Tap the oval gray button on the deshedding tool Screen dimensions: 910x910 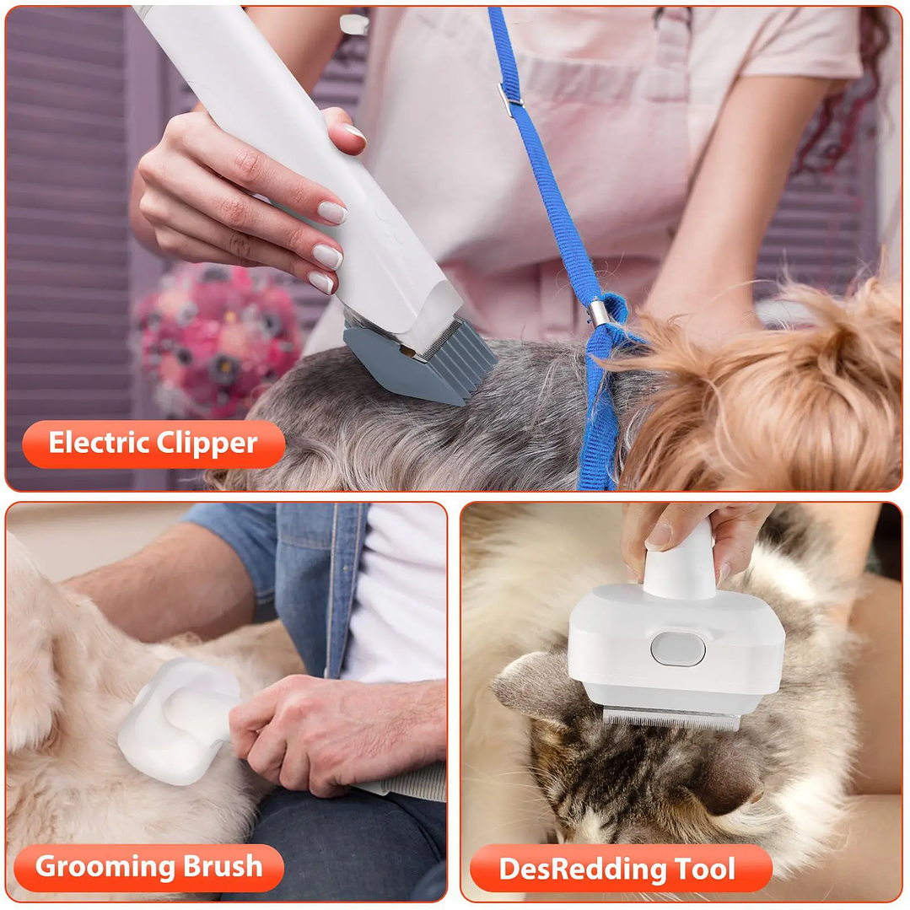[677, 649]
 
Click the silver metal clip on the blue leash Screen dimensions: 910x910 [597, 313]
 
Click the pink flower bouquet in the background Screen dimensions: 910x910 [215, 337]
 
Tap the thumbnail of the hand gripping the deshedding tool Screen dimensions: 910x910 [659, 533]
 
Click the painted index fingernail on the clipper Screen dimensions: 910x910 [331, 213]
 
